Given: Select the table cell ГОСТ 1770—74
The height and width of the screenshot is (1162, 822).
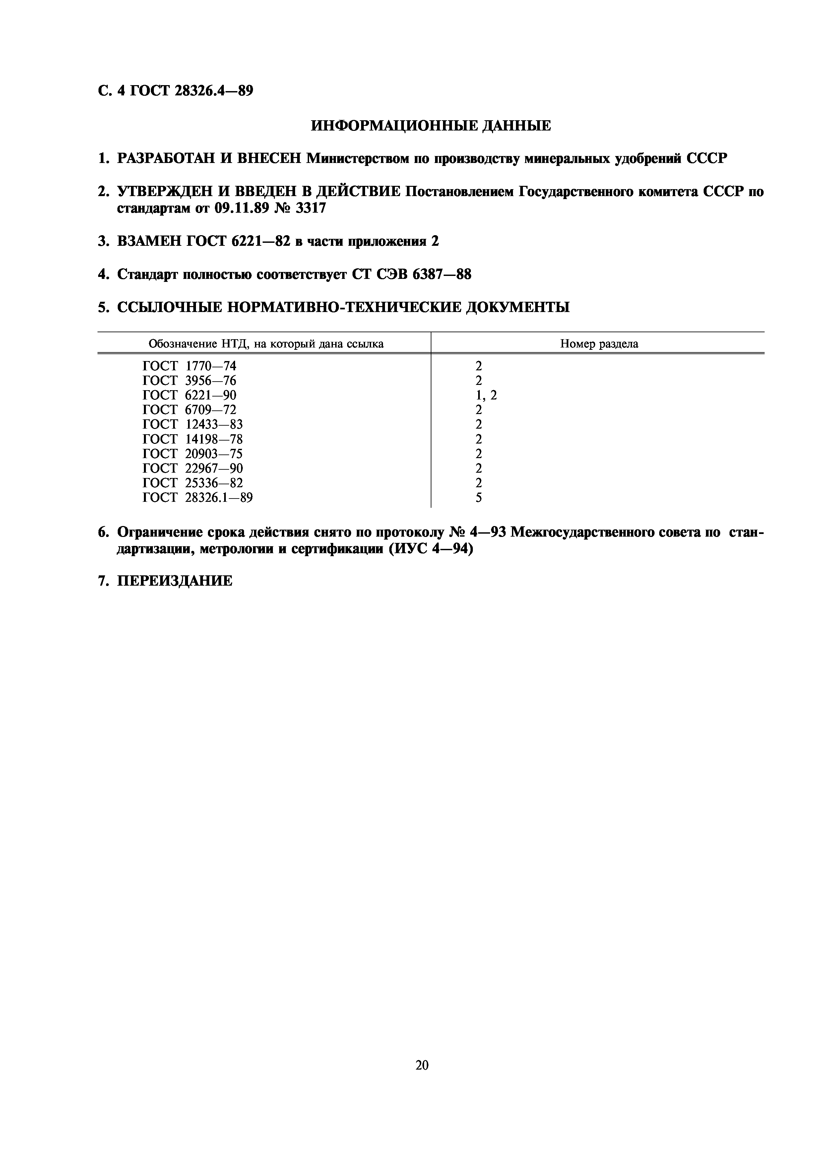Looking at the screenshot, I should coord(189,366).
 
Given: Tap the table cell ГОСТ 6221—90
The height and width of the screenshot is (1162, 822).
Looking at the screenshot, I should coord(189,395).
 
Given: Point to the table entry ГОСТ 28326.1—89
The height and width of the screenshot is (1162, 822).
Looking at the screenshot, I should coord(198,498).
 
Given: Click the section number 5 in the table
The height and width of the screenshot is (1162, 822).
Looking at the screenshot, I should coord(478,498).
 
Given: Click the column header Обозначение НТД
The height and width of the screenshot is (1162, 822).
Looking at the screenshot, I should coord(266,344).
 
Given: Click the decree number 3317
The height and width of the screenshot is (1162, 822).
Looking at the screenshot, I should coord(310,208).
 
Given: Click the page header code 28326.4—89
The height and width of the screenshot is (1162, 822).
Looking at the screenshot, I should coord(213,91).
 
